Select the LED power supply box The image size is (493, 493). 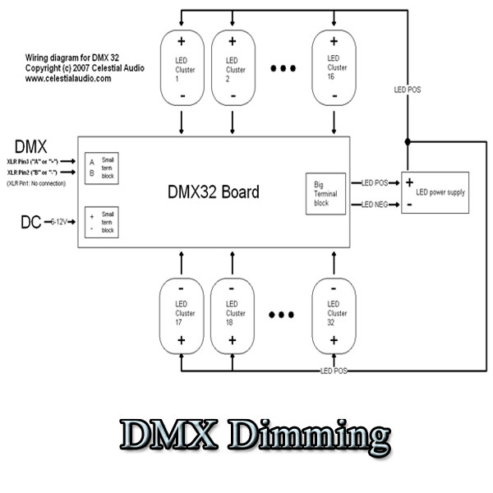pos(435,192)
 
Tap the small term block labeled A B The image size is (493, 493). pos(99,167)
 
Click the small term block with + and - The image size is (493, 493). pos(99,222)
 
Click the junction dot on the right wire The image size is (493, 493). pos(408,141)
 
